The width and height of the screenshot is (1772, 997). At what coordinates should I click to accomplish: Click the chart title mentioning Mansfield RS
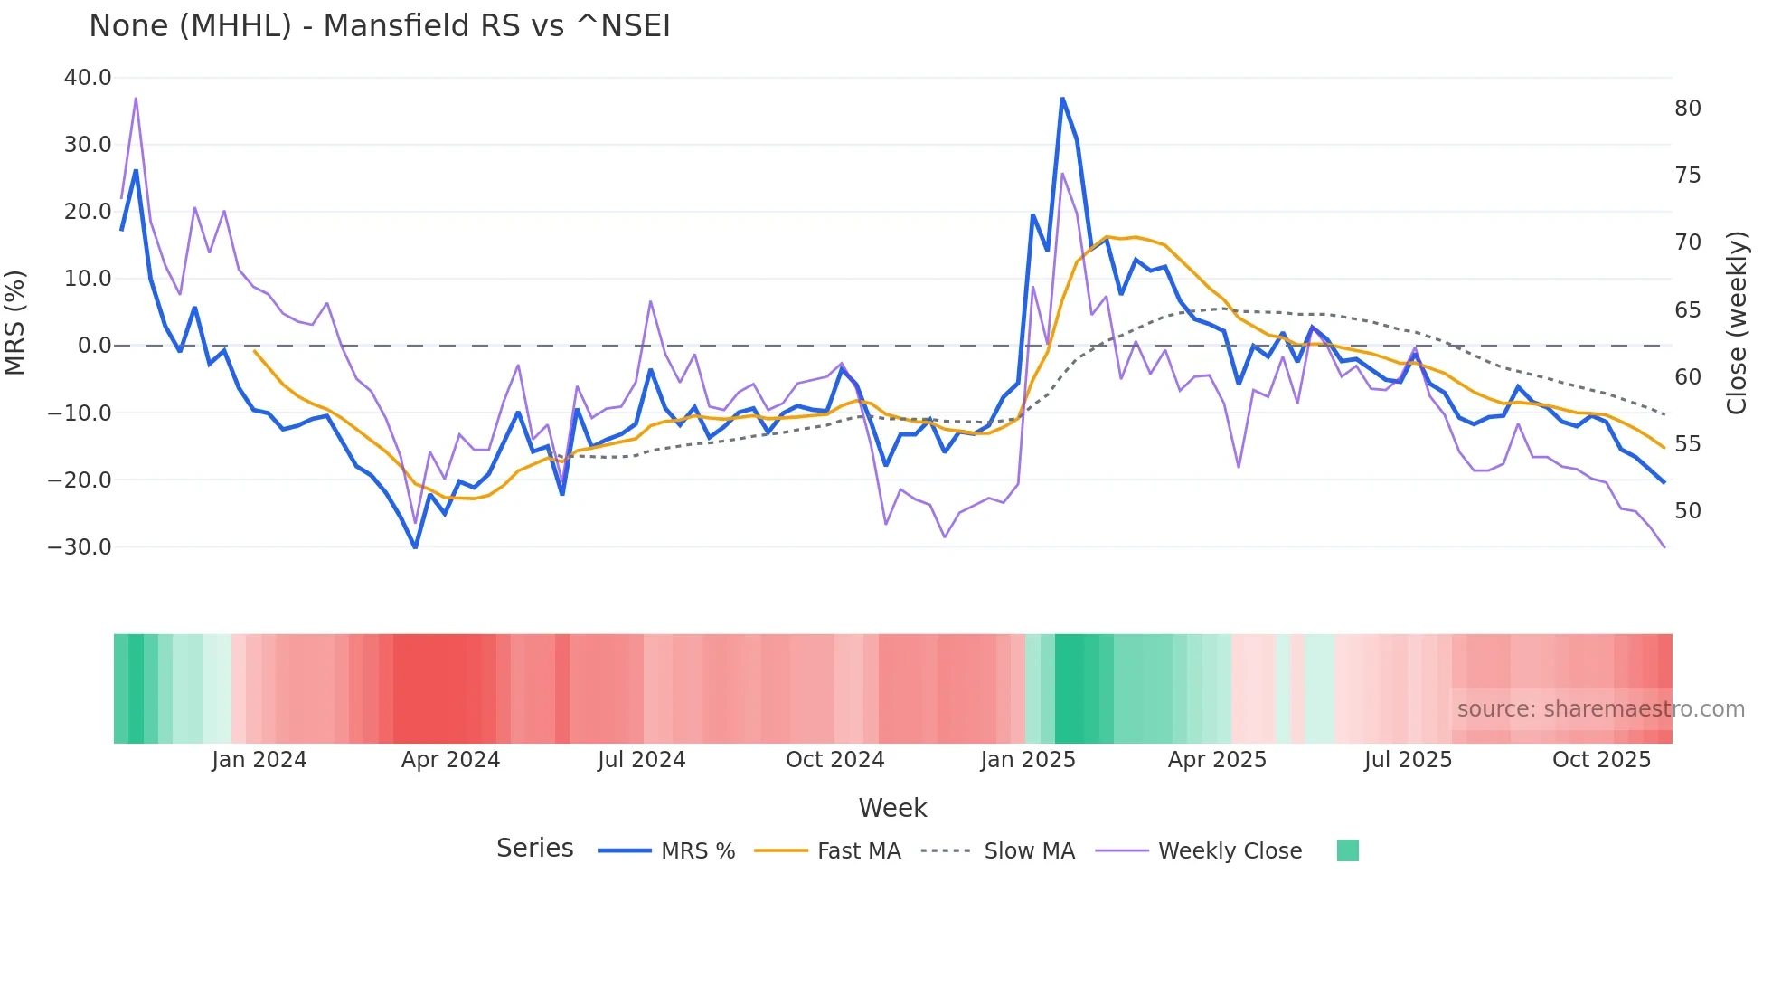click(380, 26)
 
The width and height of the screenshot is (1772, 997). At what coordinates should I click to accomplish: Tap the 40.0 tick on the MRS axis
click(88, 78)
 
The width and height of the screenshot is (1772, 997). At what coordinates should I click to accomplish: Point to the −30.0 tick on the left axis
click(80, 547)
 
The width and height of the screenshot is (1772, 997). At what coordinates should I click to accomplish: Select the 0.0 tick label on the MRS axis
click(94, 346)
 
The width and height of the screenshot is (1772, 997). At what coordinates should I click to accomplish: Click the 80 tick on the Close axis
click(1687, 109)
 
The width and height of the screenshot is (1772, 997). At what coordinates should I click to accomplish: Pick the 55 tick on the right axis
click(1687, 444)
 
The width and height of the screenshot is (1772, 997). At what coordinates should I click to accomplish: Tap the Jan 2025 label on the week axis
click(1028, 760)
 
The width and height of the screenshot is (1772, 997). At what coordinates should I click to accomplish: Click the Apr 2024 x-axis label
click(450, 760)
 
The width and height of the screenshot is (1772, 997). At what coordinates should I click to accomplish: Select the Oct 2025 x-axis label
click(1601, 760)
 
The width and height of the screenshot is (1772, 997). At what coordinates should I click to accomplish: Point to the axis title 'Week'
click(892, 808)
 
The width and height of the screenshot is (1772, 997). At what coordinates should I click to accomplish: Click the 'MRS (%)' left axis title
click(15, 322)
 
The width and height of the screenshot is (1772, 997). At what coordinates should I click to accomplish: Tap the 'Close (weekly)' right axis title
click(1736, 323)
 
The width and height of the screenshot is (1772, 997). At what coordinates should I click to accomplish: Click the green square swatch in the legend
click(1347, 850)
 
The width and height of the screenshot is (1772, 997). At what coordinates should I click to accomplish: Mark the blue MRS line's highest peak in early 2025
click(1062, 98)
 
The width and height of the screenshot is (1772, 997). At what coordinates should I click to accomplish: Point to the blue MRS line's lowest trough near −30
click(415, 546)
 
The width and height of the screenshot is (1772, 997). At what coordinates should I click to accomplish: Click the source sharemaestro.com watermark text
click(1600, 709)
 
